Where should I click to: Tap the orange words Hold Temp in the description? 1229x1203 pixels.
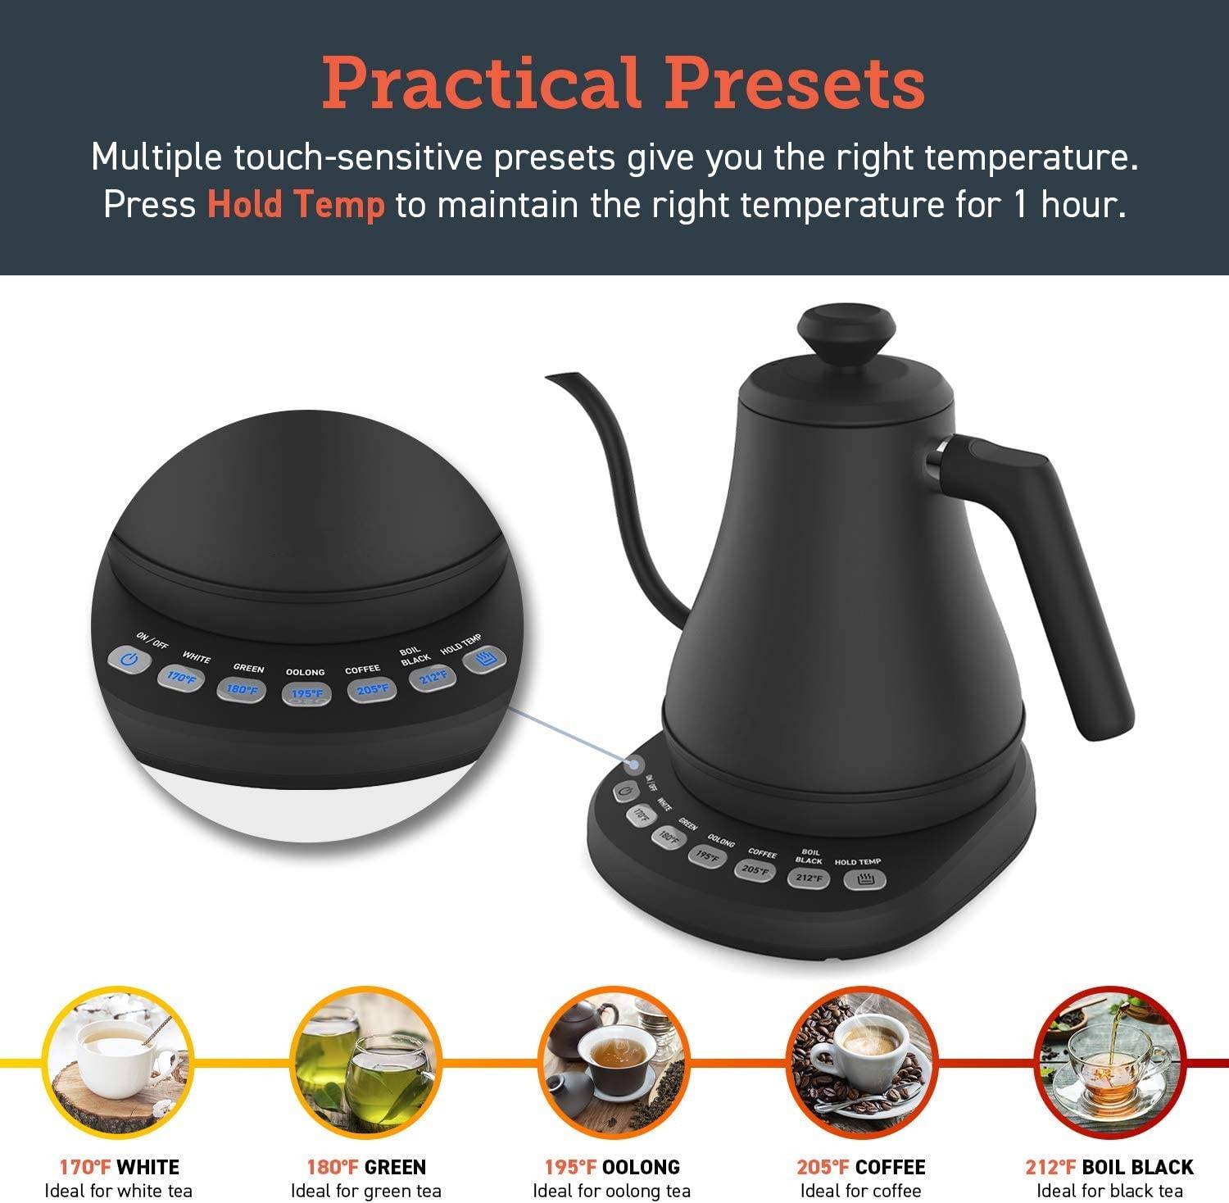tap(296, 204)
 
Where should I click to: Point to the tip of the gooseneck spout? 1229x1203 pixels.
tap(547, 376)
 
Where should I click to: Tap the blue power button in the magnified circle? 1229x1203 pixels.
tap(129, 661)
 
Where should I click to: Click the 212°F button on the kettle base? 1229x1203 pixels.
tap(808, 878)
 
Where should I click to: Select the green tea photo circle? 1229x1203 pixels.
tap(365, 1063)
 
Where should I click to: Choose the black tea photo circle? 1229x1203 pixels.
tap(1109, 1063)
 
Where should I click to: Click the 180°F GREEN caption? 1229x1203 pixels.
tap(366, 1167)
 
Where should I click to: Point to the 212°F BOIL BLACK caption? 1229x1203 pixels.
tap(1109, 1167)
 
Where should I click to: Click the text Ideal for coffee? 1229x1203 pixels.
tap(861, 1191)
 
